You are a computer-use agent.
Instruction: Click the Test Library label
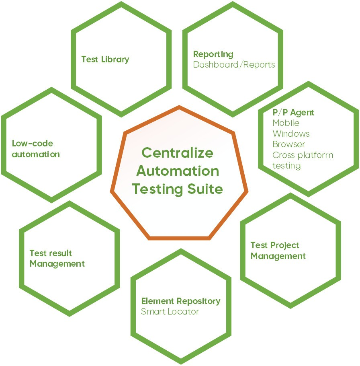pyautogui.click(x=105, y=60)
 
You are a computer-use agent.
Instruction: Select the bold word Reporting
pyautogui.click(x=213, y=54)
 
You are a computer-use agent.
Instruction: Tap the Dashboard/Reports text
pyautogui.click(x=234, y=64)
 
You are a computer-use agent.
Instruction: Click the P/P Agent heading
pyautogui.click(x=293, y=113)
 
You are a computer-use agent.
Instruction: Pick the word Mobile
pyautogui.click(x=286, y=123)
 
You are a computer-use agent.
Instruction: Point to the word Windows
pyautogui.click(x=291, y=134)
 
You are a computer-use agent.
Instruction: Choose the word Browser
pyautogui.click(x=288, y=144)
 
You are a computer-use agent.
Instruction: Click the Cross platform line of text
pyautogui.click(x=303, y=155)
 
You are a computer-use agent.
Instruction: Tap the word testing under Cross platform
pyautogui.click(x=286, y=165)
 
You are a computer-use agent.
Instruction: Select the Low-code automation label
pyautogui.click(x=36, y=149)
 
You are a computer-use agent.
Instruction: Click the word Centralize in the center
pyautogui.click(x=178, y=153)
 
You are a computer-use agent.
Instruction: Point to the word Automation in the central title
pyautogui.click(x=178, y=171)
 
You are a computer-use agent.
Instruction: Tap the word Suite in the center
pyautogui.click(x=207, y=189)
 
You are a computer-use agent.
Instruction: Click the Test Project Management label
pyautogui.click(x=278, y=251)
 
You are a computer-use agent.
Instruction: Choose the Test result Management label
pyautogui.click(x=57, y=259)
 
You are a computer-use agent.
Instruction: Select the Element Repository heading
pyautogui.click(x=180, y=301)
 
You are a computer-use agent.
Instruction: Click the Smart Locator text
pyautogui.click(x=170, y=311)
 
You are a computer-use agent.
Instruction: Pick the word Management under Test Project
pyautogui.click(x=278, y=256)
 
